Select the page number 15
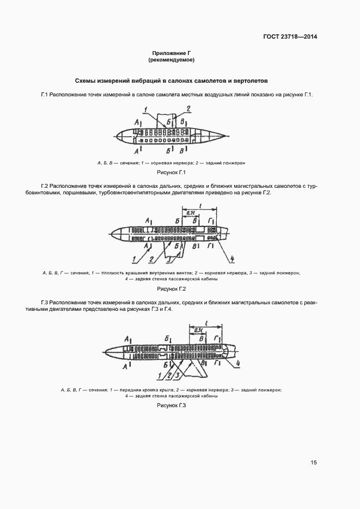coord(314,463)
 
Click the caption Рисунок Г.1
coord(172,173)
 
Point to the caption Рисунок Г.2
coord(172,289)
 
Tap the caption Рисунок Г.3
coord(172,405)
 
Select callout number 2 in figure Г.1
coord(188,108)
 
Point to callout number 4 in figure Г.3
coord(240,364)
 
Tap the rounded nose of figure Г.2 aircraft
coord(112,235)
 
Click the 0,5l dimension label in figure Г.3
coord(197,330)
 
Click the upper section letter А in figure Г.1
coord(137,121)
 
